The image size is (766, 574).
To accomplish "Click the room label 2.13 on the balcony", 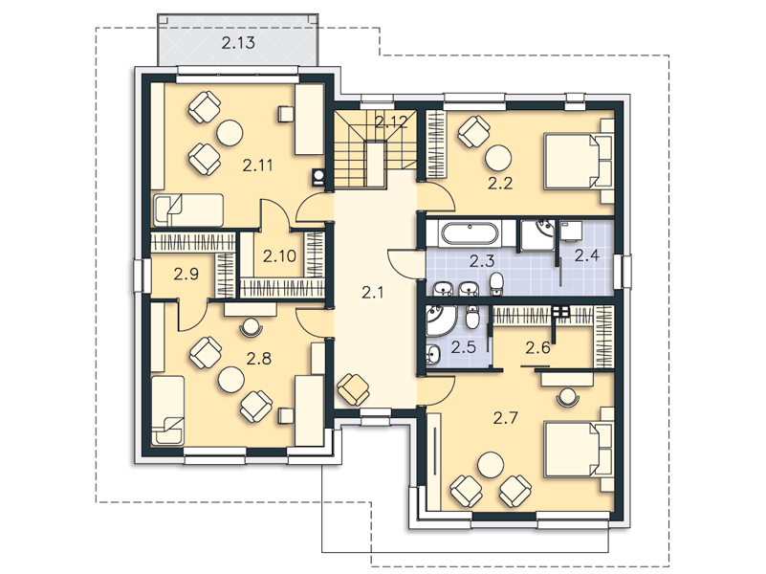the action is (x=238, y=43).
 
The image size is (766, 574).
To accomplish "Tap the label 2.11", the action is (x=257, y=166).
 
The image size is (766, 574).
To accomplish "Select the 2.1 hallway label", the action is (x=373, y=293).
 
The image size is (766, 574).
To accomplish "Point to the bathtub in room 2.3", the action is (x=470, y=233).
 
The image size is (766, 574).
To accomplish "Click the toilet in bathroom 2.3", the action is (x=496, y=284).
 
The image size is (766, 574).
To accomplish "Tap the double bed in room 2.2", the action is (x=579, y=162).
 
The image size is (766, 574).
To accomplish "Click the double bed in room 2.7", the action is (x=579, y=450).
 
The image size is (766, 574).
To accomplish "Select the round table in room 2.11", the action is (x=230, y=133).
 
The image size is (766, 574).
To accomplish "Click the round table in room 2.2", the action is (x=498, y=158).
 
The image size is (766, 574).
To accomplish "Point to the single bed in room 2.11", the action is (x=188, y=210).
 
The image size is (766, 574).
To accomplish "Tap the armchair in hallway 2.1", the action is (x=353, y=389).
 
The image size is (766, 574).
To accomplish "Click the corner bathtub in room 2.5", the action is (x=441, y=320).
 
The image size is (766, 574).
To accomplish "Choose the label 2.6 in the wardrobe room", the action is (x=537, y=348).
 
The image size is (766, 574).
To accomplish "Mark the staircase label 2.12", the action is (x=391, y=121).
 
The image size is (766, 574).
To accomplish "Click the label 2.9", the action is (x=186, y=274).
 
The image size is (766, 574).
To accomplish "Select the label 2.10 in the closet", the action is (x=279, y=256).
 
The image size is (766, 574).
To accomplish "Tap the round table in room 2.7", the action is (x=491, y=465).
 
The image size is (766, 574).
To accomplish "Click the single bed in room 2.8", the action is (x=168, y=410).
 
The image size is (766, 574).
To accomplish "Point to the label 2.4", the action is (x=586, y=255).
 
